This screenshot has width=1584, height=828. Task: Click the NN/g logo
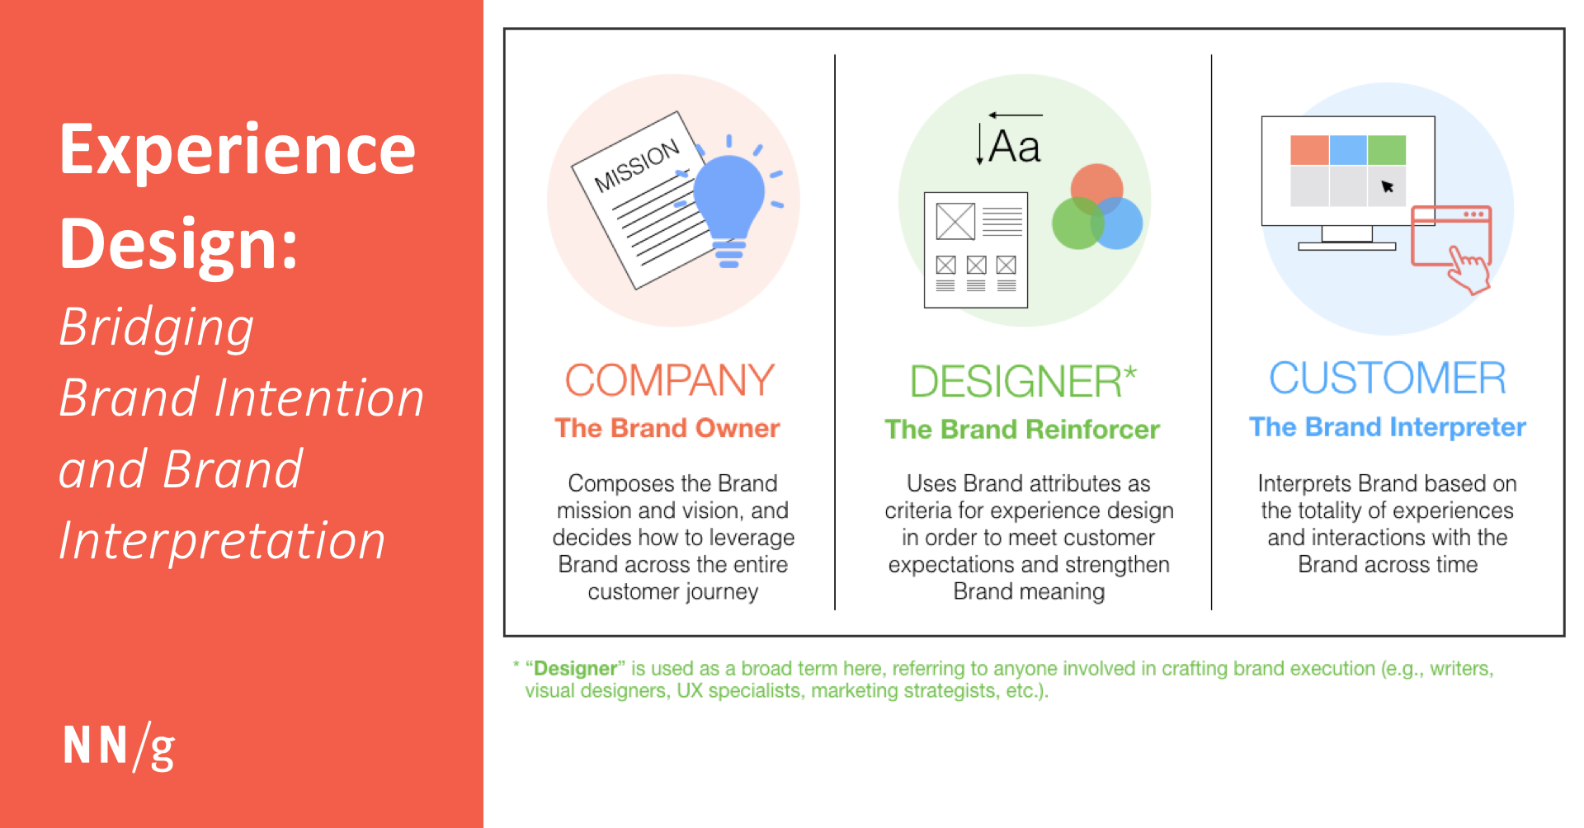[119, 746]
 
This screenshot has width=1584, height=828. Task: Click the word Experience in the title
[238, 150]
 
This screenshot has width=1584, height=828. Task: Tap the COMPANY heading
[669, 380]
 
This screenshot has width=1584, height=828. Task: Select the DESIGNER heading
[1023, 381]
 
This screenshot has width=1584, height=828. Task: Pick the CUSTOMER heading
[1388, 379]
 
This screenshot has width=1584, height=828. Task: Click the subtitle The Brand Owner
[667, 428]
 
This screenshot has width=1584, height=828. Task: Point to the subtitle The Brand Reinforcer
[1022, 429]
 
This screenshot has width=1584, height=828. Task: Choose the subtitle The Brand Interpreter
[1388, 427]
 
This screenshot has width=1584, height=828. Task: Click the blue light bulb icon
[728, 202]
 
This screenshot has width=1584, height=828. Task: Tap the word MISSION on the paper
[637, 165]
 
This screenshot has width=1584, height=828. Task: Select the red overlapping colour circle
[1096, 191]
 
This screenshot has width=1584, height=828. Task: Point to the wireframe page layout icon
[976, 250]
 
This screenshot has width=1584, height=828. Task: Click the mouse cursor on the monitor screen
[1387, 186]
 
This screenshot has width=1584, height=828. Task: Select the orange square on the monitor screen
[1309, 150]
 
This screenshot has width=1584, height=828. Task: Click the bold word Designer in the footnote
[576, 668]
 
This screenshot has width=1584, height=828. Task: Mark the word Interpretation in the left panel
[222, 542]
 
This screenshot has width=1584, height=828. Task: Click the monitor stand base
[1346, 246]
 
